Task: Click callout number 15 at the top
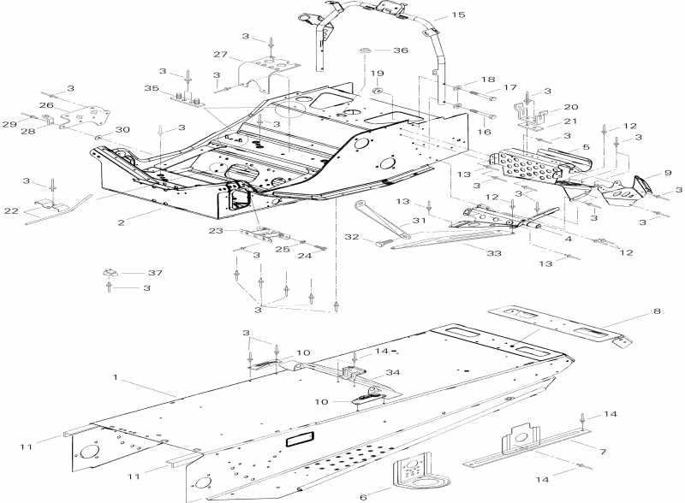459,15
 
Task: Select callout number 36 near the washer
401,50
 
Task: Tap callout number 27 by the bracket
221,55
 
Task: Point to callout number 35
152,88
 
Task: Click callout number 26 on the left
45,105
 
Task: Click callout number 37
155,273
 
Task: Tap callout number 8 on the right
658,312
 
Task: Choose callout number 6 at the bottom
362,496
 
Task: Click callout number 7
603,450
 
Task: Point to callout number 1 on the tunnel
115,376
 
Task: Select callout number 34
393,372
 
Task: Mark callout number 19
376,74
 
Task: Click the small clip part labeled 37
110,273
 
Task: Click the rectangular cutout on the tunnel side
301,439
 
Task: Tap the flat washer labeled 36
364,51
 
